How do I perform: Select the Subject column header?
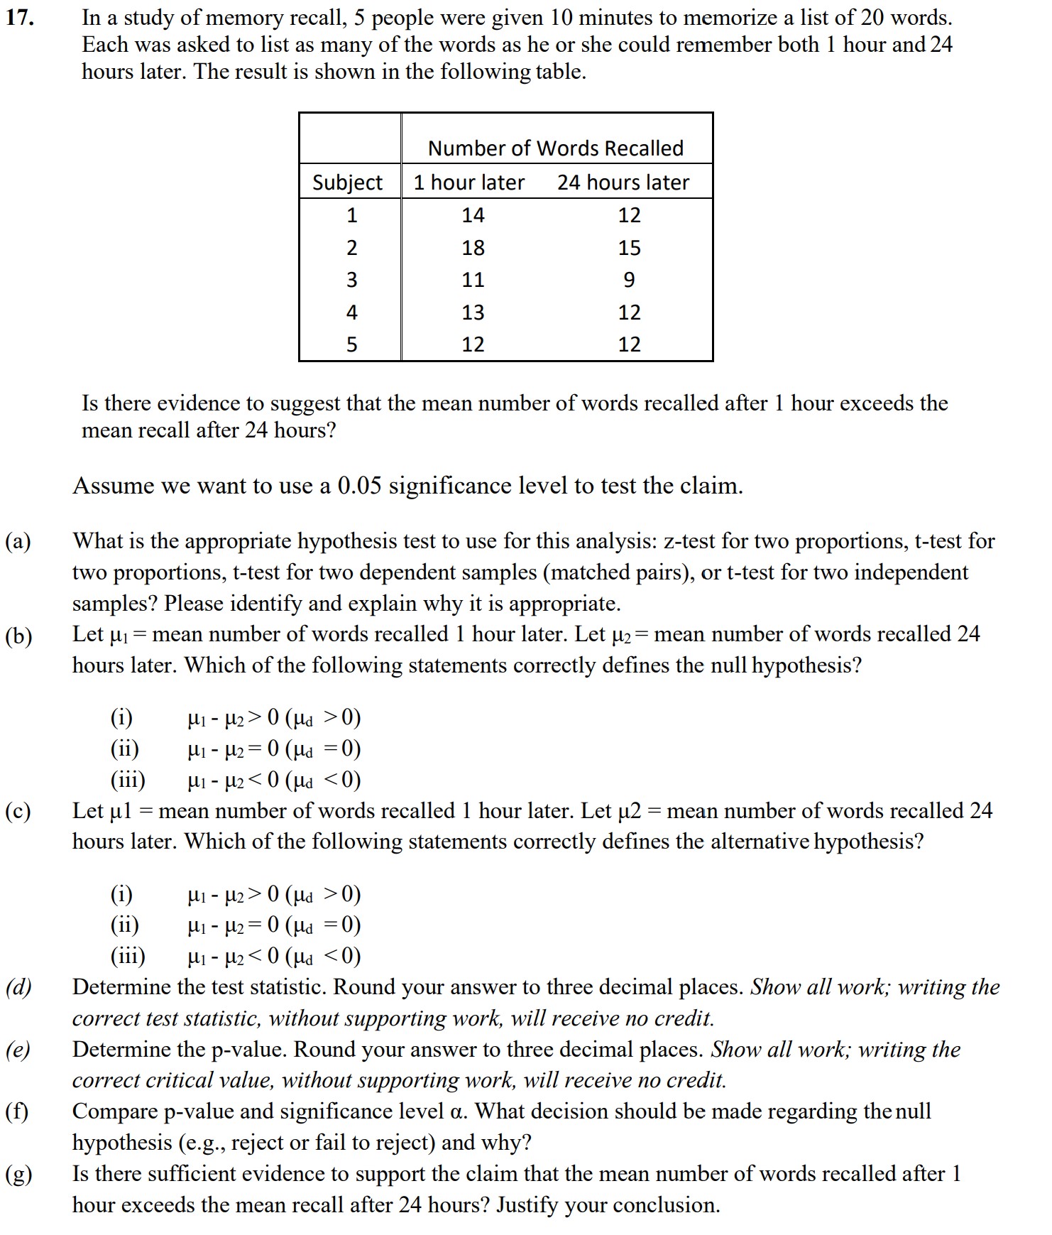coord(347,183)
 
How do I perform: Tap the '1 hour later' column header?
coord(469,183)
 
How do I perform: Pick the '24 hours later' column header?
coord(623,183)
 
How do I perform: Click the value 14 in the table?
coord(473,215)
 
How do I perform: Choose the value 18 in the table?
coord(473,248)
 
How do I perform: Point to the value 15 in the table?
coord(629,248)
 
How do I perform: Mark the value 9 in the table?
coord(629,280)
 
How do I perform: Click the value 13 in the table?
coord(473,312)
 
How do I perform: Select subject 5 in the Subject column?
coord(351,344)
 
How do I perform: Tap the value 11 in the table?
coord(473,280)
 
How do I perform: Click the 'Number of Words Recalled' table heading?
coord(555,148)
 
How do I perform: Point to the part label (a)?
coord(18,542)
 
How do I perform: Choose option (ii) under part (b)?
coord(125,749)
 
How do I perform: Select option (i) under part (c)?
coord(122,893)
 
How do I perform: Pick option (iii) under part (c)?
coord(128,956)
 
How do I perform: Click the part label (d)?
coord(19,987)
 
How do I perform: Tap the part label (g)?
coord(19,1174)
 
